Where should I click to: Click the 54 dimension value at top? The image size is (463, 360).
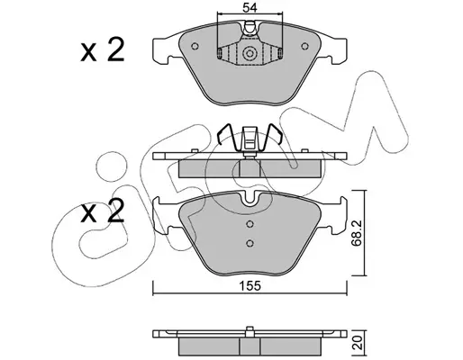click(x=250, y=8)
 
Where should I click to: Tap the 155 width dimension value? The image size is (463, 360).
click(x=250, y=286)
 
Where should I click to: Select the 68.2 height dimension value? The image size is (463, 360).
click(x=357, y=233)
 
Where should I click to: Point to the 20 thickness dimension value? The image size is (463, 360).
click(x=358, y=343)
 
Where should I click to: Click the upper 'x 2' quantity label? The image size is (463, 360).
click(x=103, y=50)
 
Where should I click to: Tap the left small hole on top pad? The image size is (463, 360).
click(x=195, y=46)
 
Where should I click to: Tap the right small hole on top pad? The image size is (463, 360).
click(x=304, y=46)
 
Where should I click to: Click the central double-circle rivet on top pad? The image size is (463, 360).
click(x=250, y=54)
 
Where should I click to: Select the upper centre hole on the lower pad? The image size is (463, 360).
click(x=250, y=224)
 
